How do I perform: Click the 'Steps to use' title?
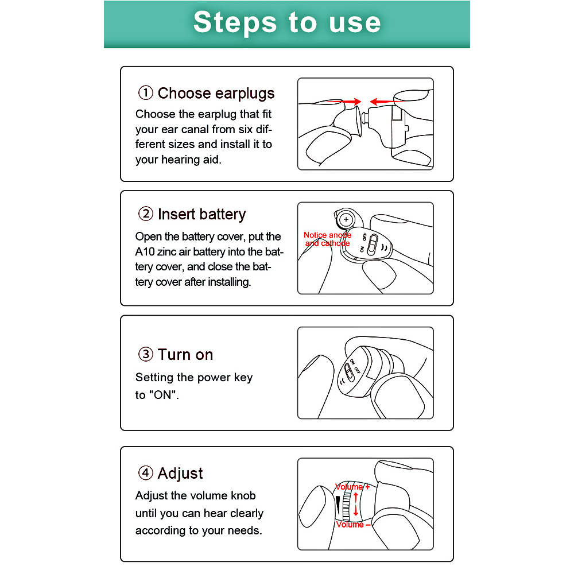(287, 22)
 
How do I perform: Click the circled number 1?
(145, 92)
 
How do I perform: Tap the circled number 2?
(145, 214)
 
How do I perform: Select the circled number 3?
(145, 354)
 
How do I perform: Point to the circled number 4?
(145, 472)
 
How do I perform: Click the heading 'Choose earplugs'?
(216, 94)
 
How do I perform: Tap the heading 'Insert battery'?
(201, 214)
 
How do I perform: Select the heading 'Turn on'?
(185, 354)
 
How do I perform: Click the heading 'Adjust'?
(180, 474)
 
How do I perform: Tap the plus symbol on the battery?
(346, 220)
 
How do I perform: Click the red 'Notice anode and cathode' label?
(327, 239)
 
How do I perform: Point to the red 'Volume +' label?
(352, 487)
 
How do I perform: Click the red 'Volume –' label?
(354, 525)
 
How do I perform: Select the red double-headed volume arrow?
(355, 504)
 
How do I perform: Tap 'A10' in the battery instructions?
(145, 252)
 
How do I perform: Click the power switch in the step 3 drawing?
(349, 373)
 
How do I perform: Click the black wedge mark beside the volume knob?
(338, 505)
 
